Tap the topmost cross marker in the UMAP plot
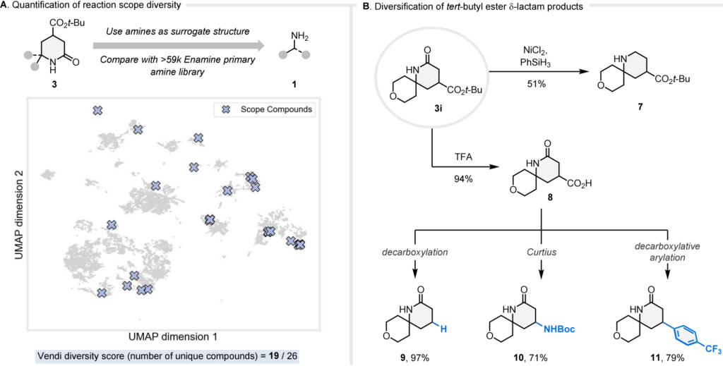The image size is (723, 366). coord(97,110)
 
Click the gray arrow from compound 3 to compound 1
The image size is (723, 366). coord(179,46)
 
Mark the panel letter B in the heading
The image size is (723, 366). coord(364,5)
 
